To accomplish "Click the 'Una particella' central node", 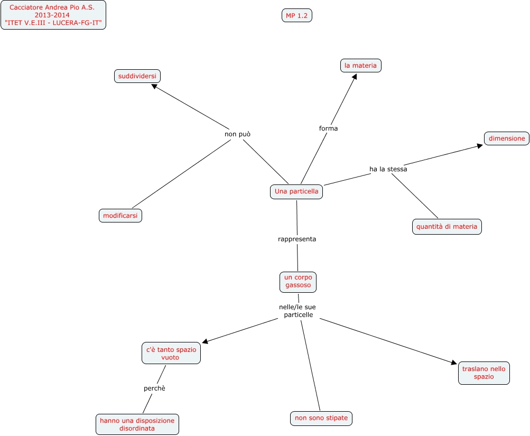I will [x=296, y=191].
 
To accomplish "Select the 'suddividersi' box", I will [x=137, y=76].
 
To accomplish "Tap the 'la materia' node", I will [x=360, y=66].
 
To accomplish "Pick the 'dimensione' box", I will [x=507, y=138].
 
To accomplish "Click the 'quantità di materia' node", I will [x=447, y=227].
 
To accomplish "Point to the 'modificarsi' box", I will [x=120, y=216].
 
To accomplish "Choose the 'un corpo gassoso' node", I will [x=298, y=281].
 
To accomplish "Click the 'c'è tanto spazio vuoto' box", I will [x=171, y=353].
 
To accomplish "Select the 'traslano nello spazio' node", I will [x=483, y=373].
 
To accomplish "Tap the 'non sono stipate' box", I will [x=321, y=418].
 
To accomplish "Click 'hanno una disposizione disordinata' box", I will [x=137, y=424].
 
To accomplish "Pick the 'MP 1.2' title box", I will [x=296, y=16].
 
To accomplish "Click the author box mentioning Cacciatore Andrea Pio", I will [x=53, y=15].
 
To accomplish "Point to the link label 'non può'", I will [x=237, y=134].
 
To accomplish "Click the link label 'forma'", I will [x=328, y=128].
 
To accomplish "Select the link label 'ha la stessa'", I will [x=388, y=169].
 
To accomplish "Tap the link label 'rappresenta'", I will [x=297, y=239].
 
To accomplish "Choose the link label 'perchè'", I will [x=154, y=388].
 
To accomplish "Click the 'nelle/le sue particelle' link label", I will [x=297, y=311].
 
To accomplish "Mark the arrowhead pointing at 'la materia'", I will [x=355, y=77].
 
